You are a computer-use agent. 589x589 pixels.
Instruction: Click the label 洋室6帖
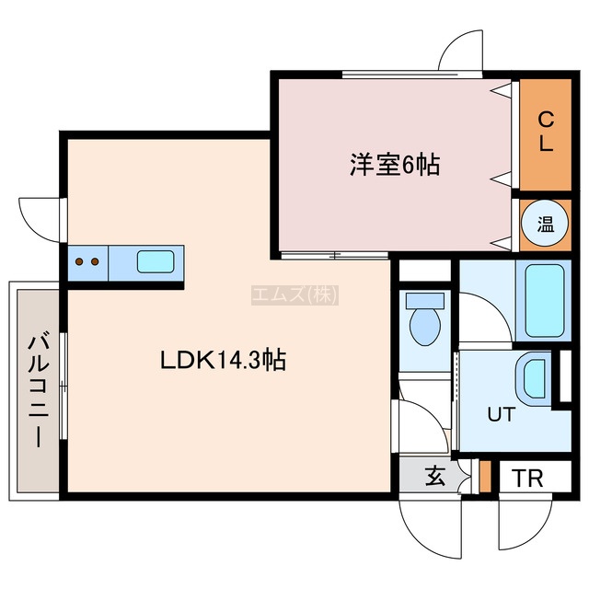[395, 165]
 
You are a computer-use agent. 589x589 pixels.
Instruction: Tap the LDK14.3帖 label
[224, 360]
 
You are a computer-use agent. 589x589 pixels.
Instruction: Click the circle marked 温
[546, 225]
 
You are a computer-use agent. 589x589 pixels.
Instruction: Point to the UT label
[501, 415]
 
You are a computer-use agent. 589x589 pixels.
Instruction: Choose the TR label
[527, 479]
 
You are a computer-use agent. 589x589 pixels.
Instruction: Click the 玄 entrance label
[435, 476]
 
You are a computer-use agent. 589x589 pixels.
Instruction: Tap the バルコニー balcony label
[39, 390]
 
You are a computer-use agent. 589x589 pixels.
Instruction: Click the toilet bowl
[425, 327]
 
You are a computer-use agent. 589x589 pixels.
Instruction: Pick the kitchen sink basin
[156, 261]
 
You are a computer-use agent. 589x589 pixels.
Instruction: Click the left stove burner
[79, 261]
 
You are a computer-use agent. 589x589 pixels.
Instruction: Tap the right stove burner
[95, 261]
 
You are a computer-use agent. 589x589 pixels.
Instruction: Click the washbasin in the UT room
[534, 378]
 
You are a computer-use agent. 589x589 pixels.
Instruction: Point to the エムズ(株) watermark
[294, 294]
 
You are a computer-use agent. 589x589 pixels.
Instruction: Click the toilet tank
[425, 300]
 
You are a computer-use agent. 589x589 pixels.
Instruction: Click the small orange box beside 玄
[485, 476]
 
